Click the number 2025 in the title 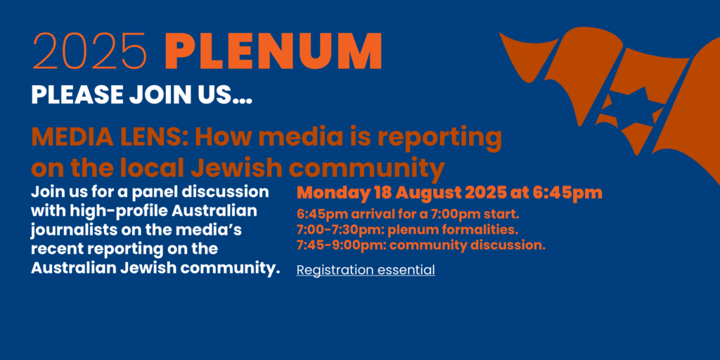click(90, 51)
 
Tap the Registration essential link click(366, 271)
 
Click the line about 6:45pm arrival click(408, 214)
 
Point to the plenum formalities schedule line click(407, 230)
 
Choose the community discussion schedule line click(421, 245)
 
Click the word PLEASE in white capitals click(77, 94)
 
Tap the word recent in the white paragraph click(56, 250)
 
